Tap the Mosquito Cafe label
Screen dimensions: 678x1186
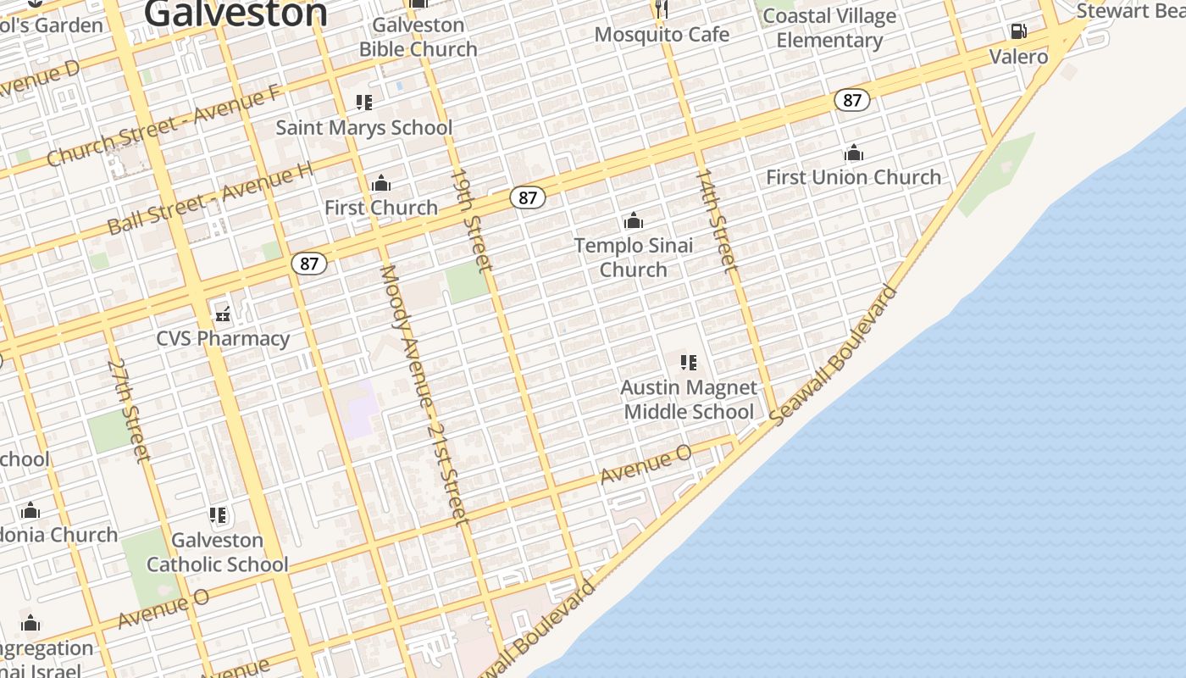point(662,35)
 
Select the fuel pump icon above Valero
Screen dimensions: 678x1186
point(1018,31)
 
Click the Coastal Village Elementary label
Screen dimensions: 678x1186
point(829,28)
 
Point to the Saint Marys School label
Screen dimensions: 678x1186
point(364,128)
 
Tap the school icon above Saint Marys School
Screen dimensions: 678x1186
point(364,103)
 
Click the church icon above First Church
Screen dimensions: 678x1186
point(381,183)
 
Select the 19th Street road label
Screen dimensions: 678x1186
point(471,220)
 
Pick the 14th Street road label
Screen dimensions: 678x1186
point(716,220)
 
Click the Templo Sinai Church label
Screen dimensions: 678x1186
point(634,258)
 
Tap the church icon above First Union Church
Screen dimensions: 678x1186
point(853,153)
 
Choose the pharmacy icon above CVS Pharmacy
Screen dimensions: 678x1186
point(223,314)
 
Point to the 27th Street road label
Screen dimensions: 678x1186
point(130,410)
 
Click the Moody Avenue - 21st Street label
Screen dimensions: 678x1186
point(424,394)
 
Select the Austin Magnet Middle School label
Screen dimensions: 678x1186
point(689,399)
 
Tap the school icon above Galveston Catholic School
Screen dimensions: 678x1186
point(218,515)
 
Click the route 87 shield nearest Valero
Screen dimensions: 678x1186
point(852,100)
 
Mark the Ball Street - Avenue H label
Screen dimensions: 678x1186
point(210,199)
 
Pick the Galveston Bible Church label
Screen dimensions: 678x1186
point(418,37)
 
